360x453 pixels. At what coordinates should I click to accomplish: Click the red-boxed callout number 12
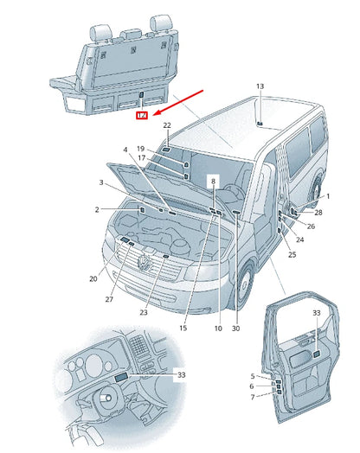pyautogui.click(x=142, y=114)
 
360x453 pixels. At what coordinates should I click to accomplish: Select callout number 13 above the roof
pyautogui.click(x=260, y=86)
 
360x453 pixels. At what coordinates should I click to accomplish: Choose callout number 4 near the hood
pyautogui.click(x=126, y=150)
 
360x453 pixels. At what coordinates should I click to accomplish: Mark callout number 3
pyautogui.click(x=102, y=182)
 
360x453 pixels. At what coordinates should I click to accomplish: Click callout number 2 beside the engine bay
pyautogui.click(x=98, y=210)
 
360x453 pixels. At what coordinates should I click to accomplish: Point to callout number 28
pyautogui.click(x=318, y=212)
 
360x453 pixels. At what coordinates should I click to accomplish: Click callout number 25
pyautogui.click(x=292, y=254)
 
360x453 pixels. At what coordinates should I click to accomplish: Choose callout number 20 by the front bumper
pyautogui.click(x=93, y=279)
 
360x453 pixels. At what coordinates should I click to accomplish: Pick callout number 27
pyautogui.click(x=110, y=299)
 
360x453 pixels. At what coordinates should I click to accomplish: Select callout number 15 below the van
pyautogui.click(x=183, y=329)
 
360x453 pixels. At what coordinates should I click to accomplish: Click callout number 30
pyautogui.click(x=235, y=329)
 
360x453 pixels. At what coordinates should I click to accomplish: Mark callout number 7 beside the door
pyautogui.click(x=252, y=397)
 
